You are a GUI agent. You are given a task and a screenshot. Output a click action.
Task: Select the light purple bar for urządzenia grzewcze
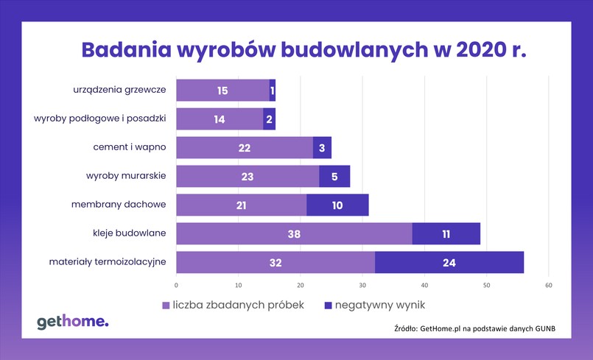coord(222,91)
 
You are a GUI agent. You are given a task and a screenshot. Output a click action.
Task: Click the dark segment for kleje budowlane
coord(446,233)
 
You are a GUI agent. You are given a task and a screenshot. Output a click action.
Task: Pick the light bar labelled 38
coord(294,233)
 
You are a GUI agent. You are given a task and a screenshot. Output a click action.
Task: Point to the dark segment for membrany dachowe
coord(337,205)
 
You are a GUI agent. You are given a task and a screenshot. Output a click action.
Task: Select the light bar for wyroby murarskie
coord(248,177)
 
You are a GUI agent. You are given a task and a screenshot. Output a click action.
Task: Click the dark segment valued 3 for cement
coord(322,148)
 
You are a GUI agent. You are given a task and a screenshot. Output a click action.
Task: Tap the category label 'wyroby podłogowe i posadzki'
coord(101,118)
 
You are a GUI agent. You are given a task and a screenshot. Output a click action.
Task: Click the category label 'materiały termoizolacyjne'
coord(108,261)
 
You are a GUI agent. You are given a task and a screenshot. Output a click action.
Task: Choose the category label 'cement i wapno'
coord(129,147)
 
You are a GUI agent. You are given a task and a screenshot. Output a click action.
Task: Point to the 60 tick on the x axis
coord(548,285)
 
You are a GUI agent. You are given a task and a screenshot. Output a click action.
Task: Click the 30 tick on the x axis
coord(362,285)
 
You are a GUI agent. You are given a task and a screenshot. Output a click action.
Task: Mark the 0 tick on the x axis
coord(177,285)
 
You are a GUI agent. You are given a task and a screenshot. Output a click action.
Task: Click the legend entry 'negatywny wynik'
coord(380,304)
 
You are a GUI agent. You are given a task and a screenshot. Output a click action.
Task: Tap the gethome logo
coord(72,321)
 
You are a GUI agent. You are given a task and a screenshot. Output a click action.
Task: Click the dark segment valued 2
coord(269,119)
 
